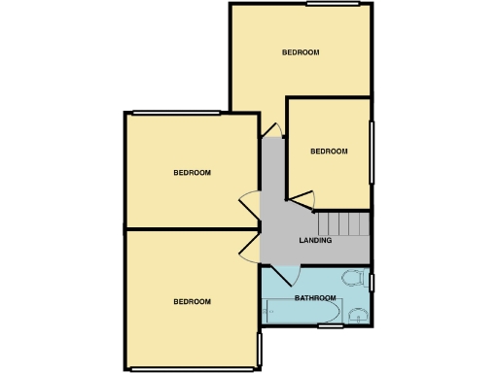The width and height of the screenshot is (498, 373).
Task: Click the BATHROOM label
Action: [315, 297]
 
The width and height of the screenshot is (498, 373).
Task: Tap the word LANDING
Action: [315, 240]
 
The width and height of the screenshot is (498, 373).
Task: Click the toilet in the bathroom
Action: [359, 281]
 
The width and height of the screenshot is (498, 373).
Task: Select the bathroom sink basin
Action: [358, 313]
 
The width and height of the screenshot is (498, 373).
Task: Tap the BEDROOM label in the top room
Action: [301, 51]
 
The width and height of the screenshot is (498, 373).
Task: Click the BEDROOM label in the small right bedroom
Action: [329, 151]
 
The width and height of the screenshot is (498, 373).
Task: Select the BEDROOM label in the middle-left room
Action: [192, 173]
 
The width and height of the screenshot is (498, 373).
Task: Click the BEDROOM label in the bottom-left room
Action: [192, 301]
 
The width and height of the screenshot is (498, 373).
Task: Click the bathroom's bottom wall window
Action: [331, 325]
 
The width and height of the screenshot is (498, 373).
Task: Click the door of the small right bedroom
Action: [302, 199]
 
